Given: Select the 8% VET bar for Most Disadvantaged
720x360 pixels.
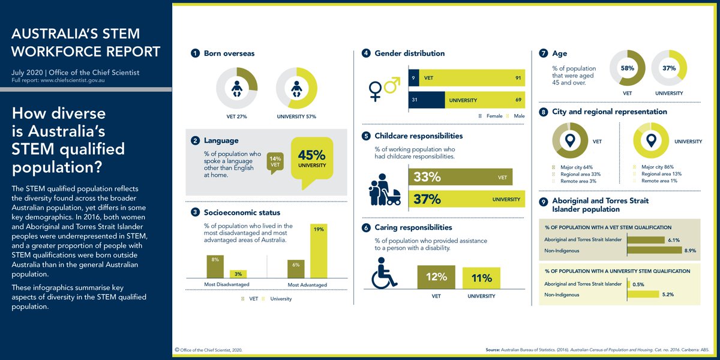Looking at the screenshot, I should tap(215, 266).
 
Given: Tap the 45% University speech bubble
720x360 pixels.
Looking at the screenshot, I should tap(311, 158).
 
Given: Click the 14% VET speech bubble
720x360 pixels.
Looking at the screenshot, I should tap(275, 162).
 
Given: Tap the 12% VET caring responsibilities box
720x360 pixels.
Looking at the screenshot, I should tap(436, 277).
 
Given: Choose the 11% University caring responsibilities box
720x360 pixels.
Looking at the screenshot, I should tap(481, 278).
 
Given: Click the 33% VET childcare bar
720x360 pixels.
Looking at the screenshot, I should tap(460, 178).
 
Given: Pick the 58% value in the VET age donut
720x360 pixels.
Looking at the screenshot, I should tap(628, 68).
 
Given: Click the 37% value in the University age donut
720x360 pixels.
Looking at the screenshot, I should tap(668, 68).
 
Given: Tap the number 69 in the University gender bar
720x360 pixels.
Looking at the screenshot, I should tap(517, 100).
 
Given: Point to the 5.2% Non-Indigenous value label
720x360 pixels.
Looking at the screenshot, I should tap(651, 295).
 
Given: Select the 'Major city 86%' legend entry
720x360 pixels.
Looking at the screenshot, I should tap(660, 167).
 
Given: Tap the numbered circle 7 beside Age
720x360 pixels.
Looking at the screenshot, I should tap(544, 53).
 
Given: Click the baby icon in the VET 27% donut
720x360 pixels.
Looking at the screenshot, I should tap(236, 89).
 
